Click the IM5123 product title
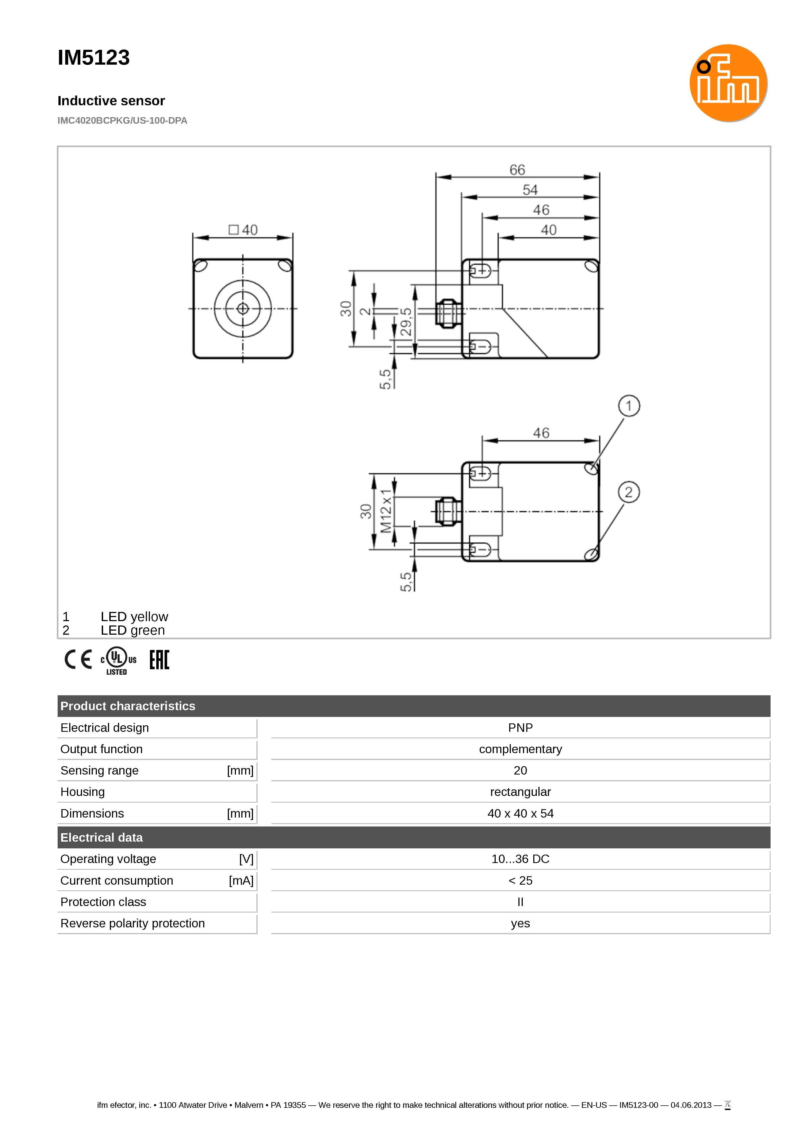[94, 58]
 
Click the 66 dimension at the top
[517, 170]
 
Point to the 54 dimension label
[530, 190]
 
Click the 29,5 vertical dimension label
[406, 322]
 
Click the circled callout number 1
[629, 406]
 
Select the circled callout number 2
[629, 492]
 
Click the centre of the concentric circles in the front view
[243, 309]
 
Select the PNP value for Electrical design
[520, 728]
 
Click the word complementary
[520, 749]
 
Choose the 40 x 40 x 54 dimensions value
[520, 813]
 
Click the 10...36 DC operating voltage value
[520, 859]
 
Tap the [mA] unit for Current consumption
[241, 881]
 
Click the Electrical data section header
[102, 838]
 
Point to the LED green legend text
[133, 631]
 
